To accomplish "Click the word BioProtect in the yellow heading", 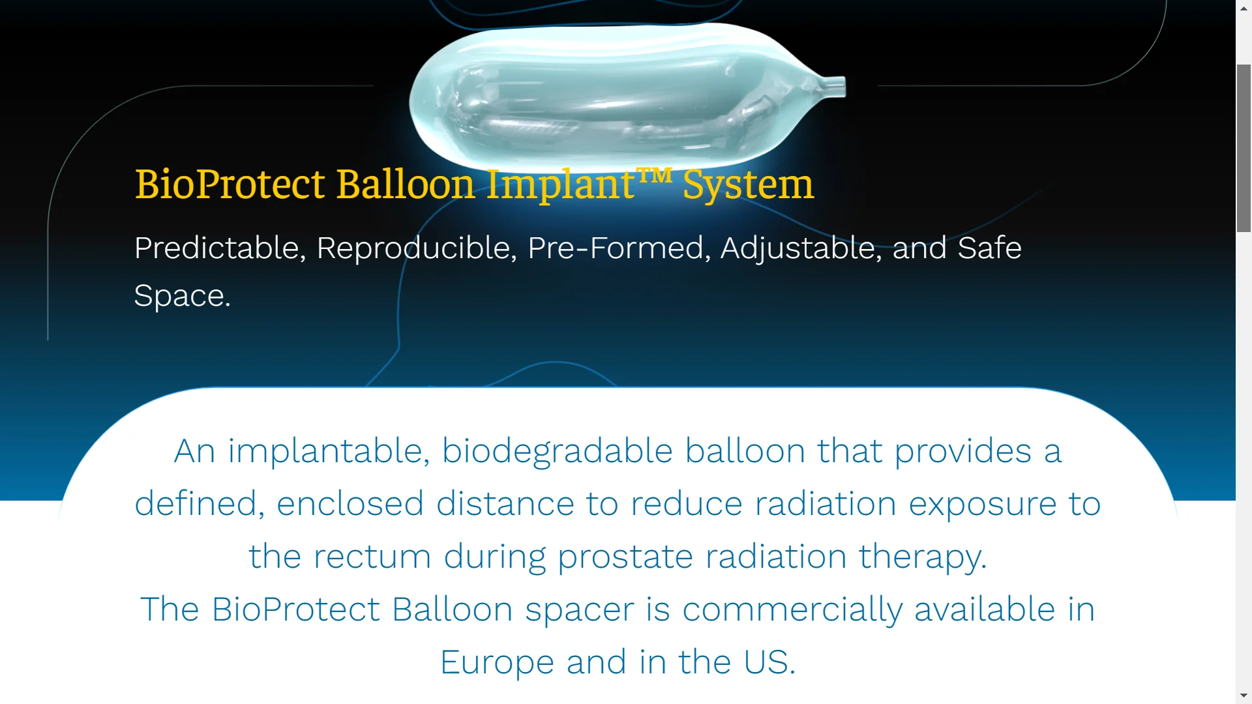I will [230, 184].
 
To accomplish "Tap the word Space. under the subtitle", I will [182, 297].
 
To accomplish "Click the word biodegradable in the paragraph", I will [557, 451].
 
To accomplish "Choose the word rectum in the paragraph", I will [372, 557].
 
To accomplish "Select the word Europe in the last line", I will [497, 663].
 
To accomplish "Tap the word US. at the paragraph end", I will [769, 662].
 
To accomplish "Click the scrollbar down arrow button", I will [1244, 696].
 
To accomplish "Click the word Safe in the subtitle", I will [989, 248].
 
